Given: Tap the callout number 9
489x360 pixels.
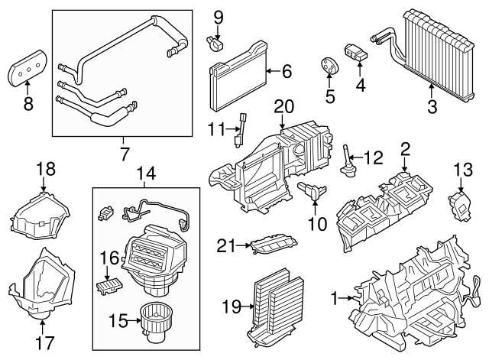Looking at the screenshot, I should [217, 16].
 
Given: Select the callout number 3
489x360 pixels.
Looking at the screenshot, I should [432, 108].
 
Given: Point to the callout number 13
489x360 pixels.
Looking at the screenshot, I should [464, 168].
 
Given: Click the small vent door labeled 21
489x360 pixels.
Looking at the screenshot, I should [274, 245].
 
